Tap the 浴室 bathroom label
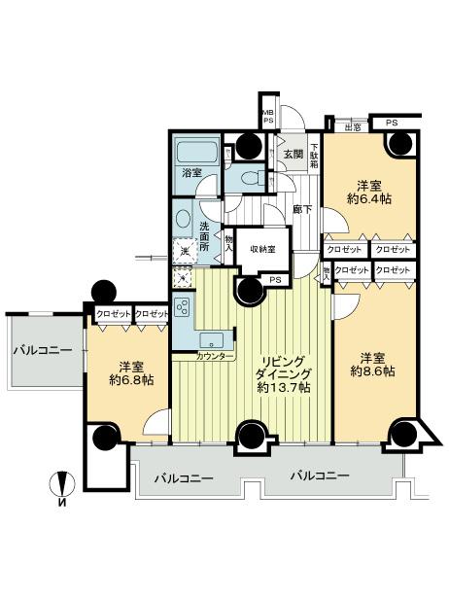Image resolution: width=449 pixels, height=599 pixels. tap(190, 172)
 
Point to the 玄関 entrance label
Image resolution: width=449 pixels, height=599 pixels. tap(293, 154)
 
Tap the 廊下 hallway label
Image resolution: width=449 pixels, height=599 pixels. tap(302, 208)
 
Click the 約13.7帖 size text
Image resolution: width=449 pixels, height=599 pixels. tap(284, 387)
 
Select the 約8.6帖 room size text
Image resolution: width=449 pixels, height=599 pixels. tap(374, 370)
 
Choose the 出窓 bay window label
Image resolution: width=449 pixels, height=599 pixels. tap(353, 125)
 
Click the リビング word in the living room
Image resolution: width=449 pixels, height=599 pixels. tap(284, 357)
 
